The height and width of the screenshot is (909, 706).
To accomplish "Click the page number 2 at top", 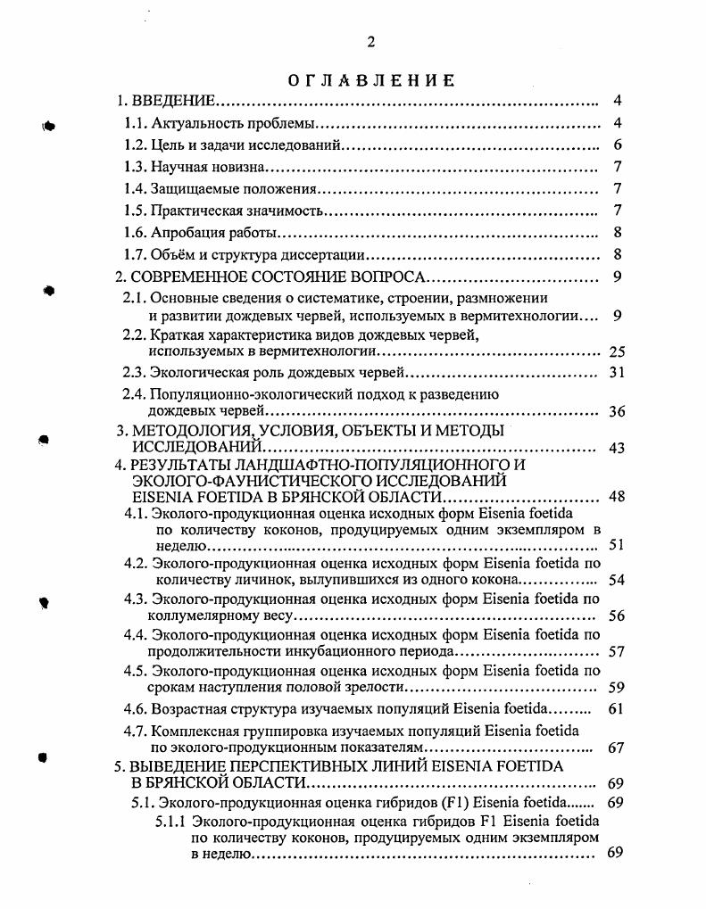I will click(x=371, y=42).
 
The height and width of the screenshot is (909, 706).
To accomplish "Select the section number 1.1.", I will click(x=135, y=123).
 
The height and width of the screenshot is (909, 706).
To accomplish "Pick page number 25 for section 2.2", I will click(x=617, y=351).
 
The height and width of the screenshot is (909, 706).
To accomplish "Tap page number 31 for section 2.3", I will click(x=617, y=373).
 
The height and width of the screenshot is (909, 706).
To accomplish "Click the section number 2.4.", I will click(x=134, y=393).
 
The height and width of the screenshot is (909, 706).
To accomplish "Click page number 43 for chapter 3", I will click(x=617, y=448).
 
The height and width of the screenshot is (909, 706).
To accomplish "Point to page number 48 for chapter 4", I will click(x=617, y=497).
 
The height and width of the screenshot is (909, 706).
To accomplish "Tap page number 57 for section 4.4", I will click(x=617, y=652).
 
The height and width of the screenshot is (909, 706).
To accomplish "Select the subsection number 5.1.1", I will click(x=171, y=820).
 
